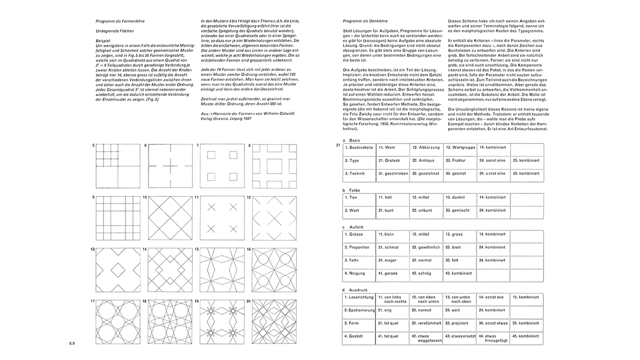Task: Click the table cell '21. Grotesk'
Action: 392,161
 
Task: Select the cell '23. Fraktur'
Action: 459,161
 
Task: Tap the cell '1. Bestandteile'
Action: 358,148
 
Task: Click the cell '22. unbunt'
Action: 426,210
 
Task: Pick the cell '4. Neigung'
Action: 358,273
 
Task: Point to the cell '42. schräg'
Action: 426,273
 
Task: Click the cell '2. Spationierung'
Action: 358,310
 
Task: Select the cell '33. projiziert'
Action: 459,323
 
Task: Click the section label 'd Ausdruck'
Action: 354,290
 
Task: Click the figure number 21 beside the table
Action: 338,145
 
